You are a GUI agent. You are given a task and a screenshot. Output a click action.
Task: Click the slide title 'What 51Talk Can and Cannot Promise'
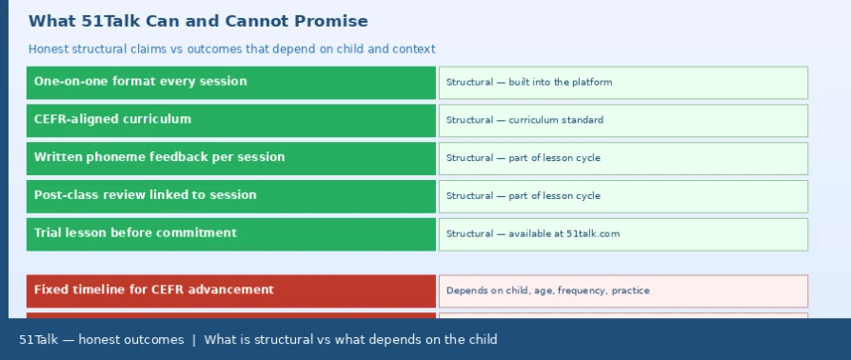pos(198,21)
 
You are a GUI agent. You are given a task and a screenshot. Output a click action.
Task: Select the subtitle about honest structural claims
pos(231,50)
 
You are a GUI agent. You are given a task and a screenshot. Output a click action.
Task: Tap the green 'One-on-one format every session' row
pos(231,83)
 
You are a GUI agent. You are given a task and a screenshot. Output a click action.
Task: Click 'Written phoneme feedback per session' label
pos(159,157)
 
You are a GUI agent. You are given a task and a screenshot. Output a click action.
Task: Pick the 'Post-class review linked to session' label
pos(145,195)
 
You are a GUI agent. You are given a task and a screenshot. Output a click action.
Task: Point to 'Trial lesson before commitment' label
pos(135,233)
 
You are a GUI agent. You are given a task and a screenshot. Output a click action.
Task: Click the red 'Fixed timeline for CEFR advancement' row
pos(231,291)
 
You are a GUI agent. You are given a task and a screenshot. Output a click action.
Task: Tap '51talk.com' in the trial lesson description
pos(593,234)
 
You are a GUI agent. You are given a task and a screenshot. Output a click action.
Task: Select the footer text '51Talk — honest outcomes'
pos(102,340)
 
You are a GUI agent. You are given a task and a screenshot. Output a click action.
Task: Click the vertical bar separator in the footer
pos(194,340)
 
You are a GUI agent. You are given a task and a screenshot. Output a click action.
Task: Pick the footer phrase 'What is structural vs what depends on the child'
pos(350,340)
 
